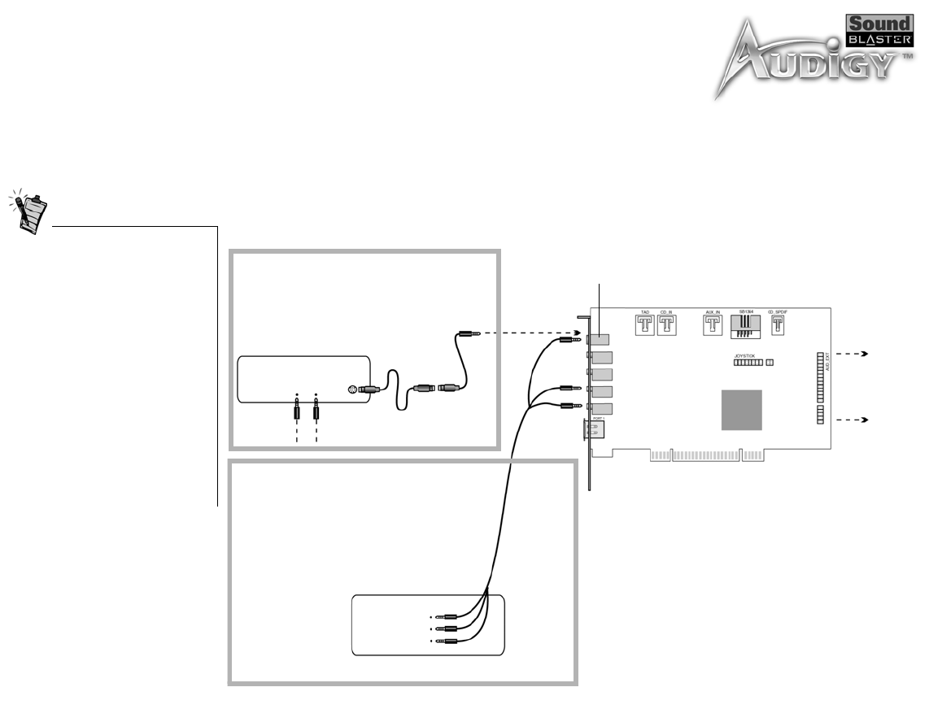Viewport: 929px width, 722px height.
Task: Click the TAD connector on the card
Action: (x=644, y=325)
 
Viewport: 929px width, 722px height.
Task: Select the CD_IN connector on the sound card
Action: (x=667, y=325)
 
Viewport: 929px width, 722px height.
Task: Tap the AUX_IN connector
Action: (x=713, y=325)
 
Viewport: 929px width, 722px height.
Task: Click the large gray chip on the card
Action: (x=741, y=410)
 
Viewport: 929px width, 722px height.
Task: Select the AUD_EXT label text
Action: (x=827, y=361)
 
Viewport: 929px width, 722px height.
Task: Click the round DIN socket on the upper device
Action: (x=352, y=389)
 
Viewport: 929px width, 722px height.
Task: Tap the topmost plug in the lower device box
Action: (x=447, y=617)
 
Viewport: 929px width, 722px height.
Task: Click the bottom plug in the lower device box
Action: (x=447, y=641)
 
